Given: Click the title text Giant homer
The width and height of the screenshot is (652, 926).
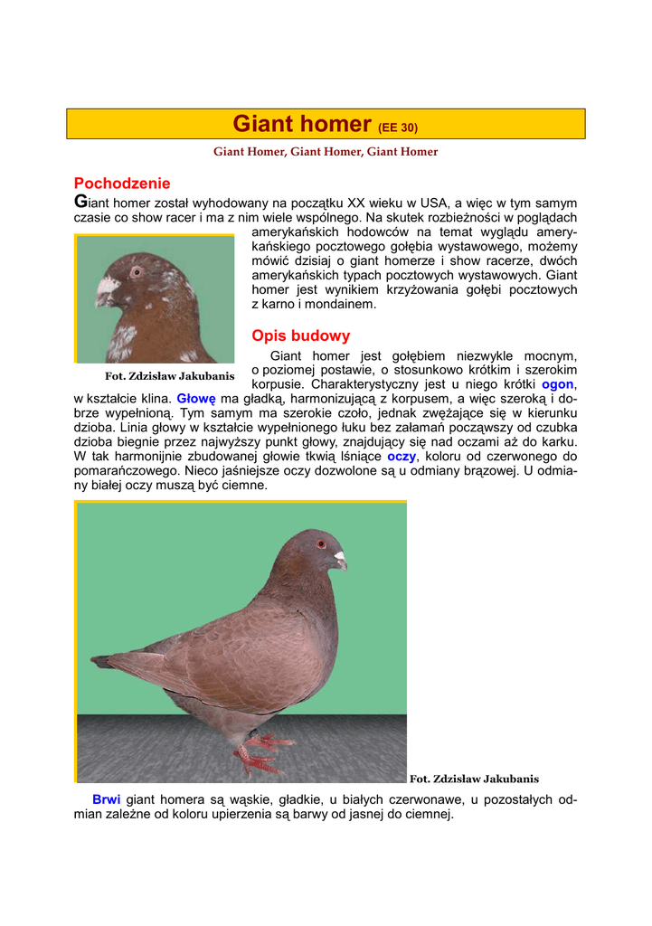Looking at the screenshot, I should tap(302, 124).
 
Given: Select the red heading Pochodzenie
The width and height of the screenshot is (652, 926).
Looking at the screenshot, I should tap(122, 184).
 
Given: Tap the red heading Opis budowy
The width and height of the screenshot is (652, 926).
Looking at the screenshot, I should tap(300, 336).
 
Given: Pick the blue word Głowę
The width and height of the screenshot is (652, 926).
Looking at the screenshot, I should tap(195, 398).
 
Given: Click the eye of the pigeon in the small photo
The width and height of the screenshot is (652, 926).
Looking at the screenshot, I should tap(137, 270).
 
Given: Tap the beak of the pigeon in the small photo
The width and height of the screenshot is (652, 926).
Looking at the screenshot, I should tap(105, 291).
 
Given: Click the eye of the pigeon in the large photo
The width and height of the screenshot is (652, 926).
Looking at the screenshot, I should tap(320, 544).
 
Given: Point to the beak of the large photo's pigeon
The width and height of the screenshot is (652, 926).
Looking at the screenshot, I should tap(339, 560).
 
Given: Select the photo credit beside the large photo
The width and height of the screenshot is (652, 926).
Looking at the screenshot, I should tap(474, 779).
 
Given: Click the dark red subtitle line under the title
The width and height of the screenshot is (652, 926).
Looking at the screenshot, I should tap(326, 152).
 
